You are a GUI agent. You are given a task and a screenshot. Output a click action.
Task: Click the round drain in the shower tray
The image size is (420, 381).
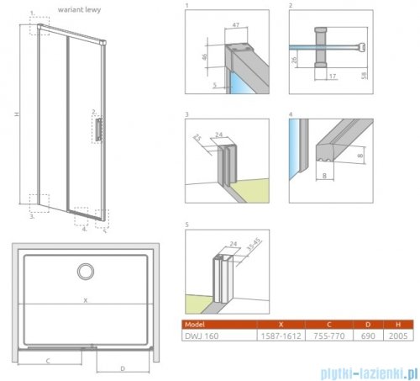tap(85, 272)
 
